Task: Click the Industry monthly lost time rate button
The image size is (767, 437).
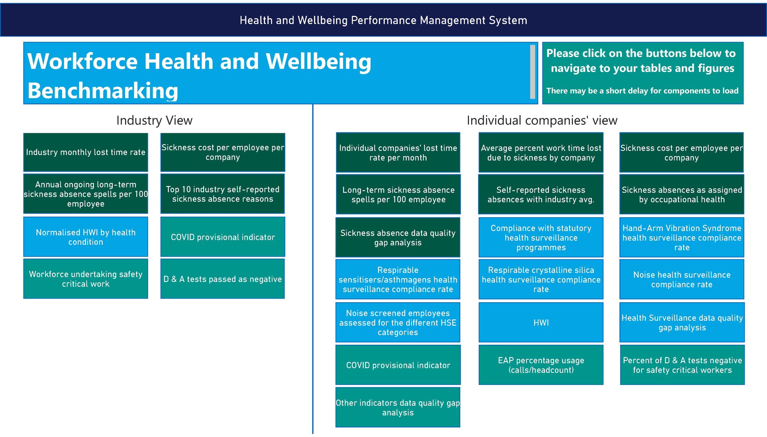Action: pos(86,152)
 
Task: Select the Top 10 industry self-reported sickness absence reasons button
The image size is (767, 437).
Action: pos(222,194)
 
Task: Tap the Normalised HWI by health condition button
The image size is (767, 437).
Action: pos(86,237)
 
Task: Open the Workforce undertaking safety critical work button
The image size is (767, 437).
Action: pos(86,279)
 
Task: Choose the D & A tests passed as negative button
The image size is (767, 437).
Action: pos(222,279)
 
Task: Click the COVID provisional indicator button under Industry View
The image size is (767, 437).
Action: pos(222,237)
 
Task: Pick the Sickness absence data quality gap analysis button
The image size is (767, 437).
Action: pos(398,237)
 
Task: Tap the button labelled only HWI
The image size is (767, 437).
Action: pos(541,322)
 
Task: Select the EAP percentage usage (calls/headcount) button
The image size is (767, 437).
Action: pos(541,365)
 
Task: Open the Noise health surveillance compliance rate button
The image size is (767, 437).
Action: pos(682,279)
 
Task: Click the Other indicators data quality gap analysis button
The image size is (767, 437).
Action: pos(398,407)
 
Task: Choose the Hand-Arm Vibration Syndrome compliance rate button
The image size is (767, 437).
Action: pos(682,237)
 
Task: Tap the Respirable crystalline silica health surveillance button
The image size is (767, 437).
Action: pos(541,279)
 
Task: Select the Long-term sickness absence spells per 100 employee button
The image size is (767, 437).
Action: pos(398,194)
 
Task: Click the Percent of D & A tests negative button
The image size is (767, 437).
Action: pos(682,365)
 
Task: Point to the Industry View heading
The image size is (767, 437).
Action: pos(154,120)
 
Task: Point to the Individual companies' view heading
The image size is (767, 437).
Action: pos(542,120)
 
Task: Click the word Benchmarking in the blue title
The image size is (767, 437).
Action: pos(103,91)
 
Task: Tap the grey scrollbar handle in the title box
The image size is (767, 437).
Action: pos(533,72)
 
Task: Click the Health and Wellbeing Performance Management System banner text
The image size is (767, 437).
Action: pos(383,20)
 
